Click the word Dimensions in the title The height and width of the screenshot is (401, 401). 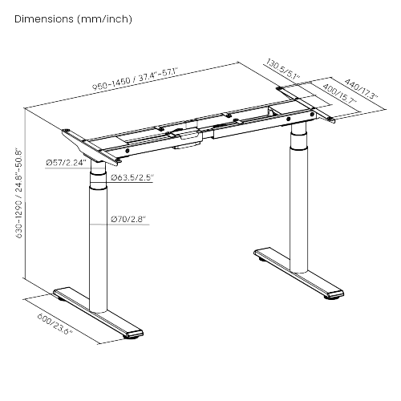coord(44,19)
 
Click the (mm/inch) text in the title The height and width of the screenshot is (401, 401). coord(104,19)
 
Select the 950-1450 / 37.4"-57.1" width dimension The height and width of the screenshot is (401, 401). coord(135,79)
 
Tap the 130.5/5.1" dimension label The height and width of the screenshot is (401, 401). coord(283,70)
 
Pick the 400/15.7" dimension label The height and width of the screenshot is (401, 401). coord(339,94)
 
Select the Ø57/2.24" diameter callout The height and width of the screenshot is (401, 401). coord(66,163)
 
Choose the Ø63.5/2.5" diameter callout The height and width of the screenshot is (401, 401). coord(132,177)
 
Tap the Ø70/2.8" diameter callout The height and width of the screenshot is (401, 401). coord(128,219)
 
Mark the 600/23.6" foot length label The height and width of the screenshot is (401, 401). coord(55,324)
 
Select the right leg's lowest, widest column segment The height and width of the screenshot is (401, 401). coord(298,210)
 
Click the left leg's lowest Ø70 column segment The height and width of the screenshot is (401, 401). coord(98,251)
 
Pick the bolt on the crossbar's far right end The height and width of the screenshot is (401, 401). coord(312,115)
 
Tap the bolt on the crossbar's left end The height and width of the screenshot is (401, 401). coord(128,151)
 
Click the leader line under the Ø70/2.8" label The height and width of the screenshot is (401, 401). coord(119,225)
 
